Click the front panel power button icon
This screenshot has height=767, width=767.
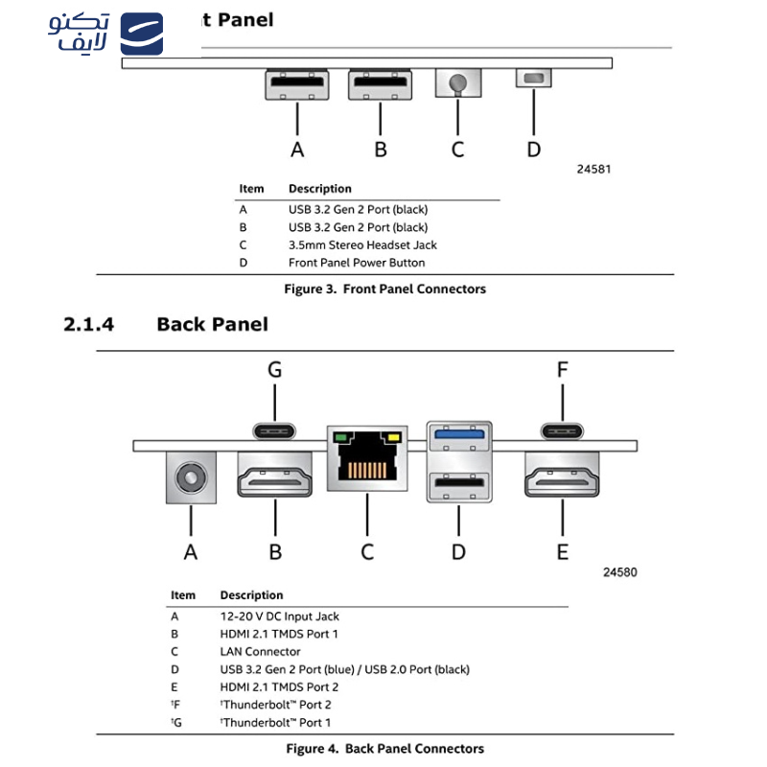point(534,79)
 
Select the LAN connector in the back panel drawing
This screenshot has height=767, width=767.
point(366,457)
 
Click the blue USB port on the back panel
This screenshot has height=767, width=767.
point(459,434)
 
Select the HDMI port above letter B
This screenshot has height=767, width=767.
point(275,476)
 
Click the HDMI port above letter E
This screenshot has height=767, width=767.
point(563,476)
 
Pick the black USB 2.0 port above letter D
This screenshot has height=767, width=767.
point(459,482)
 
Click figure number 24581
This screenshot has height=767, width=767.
point(593,169)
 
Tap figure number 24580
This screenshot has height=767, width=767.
point(619,572)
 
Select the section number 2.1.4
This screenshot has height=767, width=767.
point(88,324)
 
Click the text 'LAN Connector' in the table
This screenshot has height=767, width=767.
point(260,652)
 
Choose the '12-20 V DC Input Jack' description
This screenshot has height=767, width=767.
point(279,616)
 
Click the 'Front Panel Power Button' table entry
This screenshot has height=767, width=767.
point(357,263)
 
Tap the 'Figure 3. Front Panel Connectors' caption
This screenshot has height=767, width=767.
point(384,289)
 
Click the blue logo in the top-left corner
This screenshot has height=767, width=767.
point(142,35)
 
